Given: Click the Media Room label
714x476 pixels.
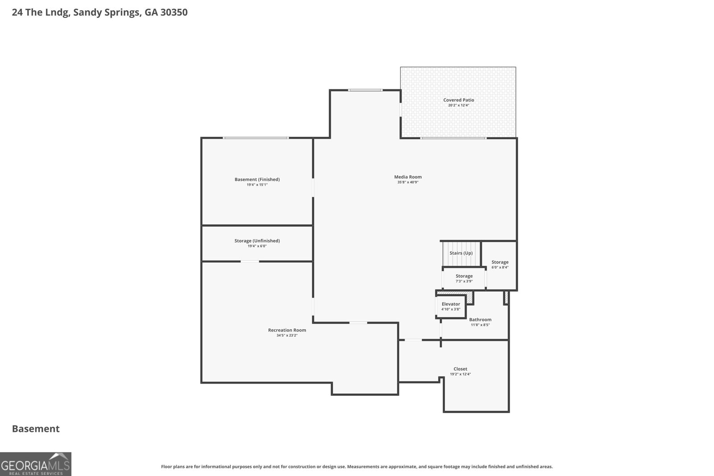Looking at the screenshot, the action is point(408,177).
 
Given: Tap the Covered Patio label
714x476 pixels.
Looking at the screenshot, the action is point(458,100).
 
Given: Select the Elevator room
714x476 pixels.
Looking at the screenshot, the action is point(451,306).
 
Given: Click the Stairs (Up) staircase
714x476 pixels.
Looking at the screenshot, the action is point(461,253).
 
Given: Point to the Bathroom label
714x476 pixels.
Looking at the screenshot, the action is point(480,319).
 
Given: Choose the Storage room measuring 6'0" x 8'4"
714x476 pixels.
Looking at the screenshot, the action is point(499,265).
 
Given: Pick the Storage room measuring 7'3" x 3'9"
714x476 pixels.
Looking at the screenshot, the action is point(464,279).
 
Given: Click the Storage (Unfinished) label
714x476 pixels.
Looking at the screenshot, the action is point(257,241).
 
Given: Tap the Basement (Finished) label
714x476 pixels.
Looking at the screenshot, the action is point(257,179).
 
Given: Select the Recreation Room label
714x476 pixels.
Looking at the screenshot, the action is point(287,330).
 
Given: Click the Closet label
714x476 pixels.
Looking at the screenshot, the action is point(460,369).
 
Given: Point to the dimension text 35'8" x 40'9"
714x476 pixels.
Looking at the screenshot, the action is point(408,182).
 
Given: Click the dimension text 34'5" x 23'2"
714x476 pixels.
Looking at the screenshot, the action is point(287,335).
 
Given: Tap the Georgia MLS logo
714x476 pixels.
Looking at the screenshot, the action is point(35,464).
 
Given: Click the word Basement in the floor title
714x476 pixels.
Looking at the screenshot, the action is point(36,429).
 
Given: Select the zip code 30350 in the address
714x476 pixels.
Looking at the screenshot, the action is point(174,12).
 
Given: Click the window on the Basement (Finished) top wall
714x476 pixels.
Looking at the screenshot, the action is point(256,138).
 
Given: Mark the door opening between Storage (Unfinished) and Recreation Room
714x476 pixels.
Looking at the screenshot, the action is point(249,261).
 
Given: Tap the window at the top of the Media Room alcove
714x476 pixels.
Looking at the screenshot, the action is point(365,90).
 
